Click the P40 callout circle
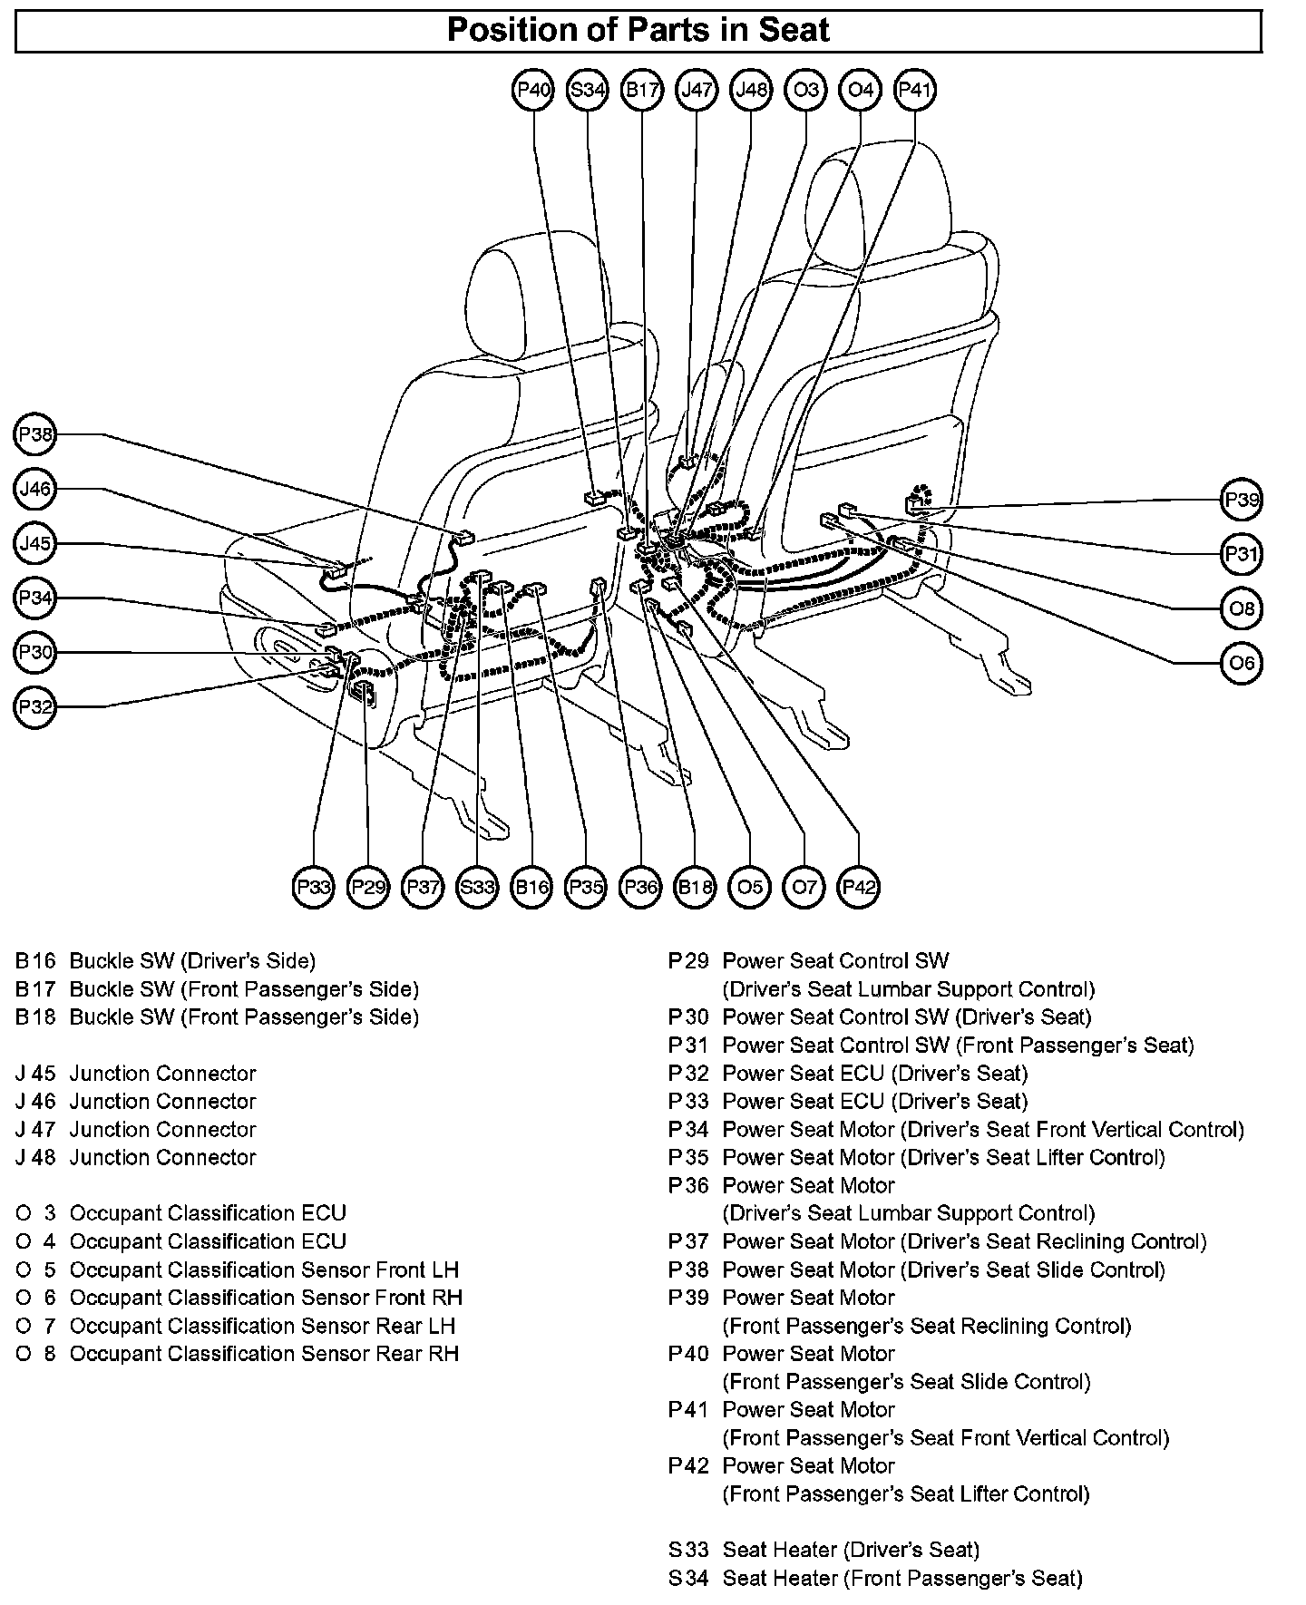(533, 90)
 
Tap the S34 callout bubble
(588, 90)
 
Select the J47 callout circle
(697, 90)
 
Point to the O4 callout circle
(860, 90)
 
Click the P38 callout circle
(36, 435)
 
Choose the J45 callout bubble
(36, 544)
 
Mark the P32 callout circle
(36, 706)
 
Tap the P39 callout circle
(1242, 500)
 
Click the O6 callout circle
(1242, 663)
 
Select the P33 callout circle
(314, 886)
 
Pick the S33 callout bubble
(477, 886)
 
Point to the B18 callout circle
(696, 886)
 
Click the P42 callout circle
(859, 886)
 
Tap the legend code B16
(35, 961)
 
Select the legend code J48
(35, 1158)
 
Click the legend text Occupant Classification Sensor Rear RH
(264, 1354)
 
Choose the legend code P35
(688, 1158)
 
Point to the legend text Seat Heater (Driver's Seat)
(851, 1550)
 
